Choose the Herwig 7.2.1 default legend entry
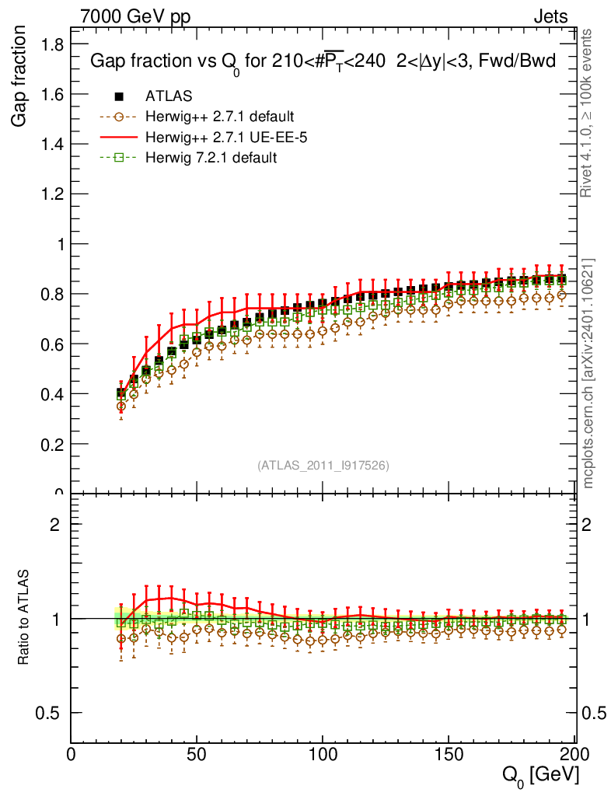coord(211,158)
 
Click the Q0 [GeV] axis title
coord(539,775)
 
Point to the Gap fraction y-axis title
coord(22,79)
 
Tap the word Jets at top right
coord(550,16)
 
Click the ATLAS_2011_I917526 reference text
coord(323,466)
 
